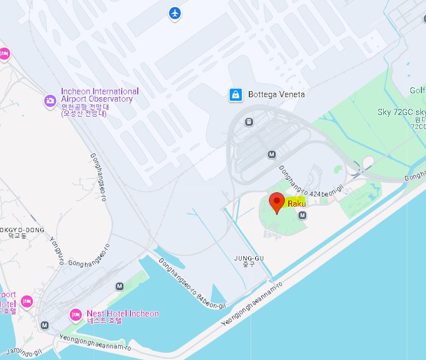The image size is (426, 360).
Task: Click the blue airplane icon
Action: pos(175,13)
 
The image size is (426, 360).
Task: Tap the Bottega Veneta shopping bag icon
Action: pos(236,95)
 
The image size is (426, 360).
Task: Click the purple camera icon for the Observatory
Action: pos(50,101)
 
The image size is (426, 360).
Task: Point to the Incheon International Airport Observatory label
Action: pos(100,96)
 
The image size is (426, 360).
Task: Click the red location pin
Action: pos(277,203)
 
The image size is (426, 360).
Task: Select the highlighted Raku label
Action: pos(297,204)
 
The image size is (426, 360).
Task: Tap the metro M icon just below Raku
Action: pos(302,215)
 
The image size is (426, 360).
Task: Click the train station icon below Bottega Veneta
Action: pos(249,122)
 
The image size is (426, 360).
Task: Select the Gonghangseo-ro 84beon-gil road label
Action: pos(192,284)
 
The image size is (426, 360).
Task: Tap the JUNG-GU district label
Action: pos(248,258)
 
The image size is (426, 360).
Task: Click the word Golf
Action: pos(418,91)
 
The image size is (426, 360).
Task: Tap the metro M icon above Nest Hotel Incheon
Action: pos(119,287)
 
